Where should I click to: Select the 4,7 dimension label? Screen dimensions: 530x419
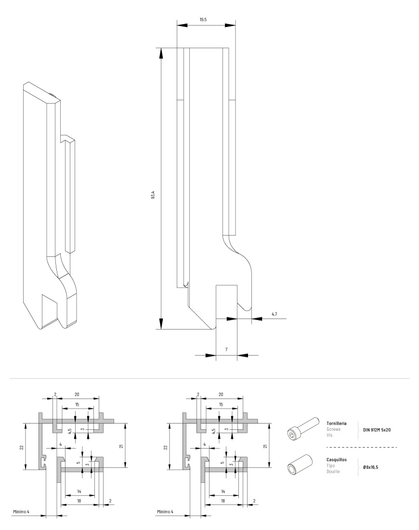(x=274, y=314)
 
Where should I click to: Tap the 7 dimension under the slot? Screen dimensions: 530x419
(x=226, y=348)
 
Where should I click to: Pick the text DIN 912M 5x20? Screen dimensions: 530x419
(x=377, y=429)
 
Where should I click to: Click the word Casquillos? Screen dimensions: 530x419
(x=336, y=459)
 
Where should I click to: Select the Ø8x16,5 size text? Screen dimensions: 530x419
(x=371, y=467)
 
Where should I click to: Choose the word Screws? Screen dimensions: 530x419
(x=333, y=427)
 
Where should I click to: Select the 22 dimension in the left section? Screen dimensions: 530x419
(x=21, y=447)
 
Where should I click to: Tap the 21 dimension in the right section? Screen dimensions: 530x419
(x=265, y=447)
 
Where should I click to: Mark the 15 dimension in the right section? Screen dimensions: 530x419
(x=221, y=404)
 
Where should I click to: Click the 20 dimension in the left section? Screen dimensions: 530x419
(x=77, y=394)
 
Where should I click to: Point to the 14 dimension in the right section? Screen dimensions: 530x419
(x=223, y=491)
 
